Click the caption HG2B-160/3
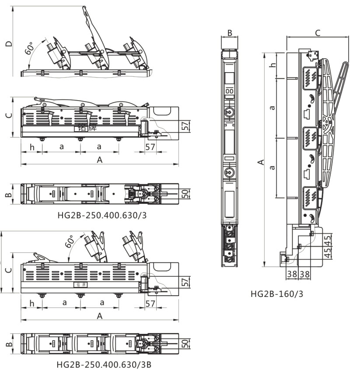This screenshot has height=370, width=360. tap(276, 293)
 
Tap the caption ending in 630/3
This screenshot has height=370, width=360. tap(101, 215)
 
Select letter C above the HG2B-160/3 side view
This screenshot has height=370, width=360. tap(318, 32)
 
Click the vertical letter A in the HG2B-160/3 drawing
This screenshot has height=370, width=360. tap(261, 162)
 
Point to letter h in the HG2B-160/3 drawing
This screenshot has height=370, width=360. tap(273, 65)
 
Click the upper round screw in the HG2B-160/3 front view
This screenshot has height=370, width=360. tap(229, 112)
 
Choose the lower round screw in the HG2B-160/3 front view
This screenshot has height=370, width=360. tap(229, 173)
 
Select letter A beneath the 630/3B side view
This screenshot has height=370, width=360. tap(100, 315)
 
